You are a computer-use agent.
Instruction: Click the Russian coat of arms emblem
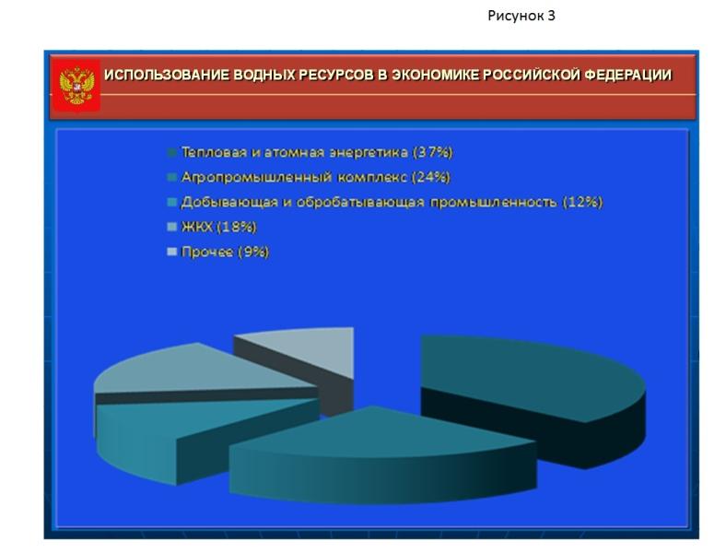76,85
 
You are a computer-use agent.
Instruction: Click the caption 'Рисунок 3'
521,17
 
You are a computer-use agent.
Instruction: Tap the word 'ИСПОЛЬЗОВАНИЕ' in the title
166,75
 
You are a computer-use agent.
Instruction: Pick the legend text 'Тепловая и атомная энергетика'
295,152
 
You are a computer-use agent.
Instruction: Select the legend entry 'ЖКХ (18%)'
218,227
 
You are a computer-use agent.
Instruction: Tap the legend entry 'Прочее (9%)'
225,252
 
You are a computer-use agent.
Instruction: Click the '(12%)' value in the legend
582,202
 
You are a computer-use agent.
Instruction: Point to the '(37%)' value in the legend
432,152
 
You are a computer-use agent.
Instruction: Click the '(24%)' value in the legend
430,177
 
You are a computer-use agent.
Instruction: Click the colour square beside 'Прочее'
171,252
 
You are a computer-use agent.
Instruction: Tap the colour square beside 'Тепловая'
171,153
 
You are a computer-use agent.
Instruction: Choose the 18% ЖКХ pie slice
194,371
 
